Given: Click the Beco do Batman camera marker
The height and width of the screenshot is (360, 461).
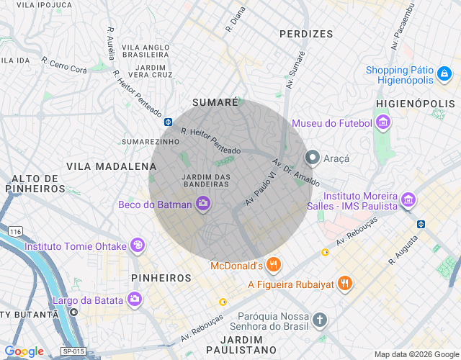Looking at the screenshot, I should coord(202,204).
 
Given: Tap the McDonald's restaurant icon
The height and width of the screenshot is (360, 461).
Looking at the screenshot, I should coord(273,266).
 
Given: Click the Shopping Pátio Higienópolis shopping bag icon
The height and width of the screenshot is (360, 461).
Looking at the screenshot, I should coord(444,74).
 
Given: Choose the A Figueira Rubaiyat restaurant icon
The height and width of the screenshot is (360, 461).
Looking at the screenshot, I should coord(345,284).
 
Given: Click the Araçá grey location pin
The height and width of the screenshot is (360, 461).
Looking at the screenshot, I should coord(313,157).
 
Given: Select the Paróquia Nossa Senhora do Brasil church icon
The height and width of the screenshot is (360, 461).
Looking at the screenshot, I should coord(320,320).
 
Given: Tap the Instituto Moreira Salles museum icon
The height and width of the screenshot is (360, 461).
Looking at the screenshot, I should coord(408,200).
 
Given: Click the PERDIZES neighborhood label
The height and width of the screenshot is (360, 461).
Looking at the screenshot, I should coord(306,34).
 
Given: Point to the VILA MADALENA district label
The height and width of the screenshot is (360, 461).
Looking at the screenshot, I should coord(101,166).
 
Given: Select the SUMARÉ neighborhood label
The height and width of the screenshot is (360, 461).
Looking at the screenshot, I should coord(215,103).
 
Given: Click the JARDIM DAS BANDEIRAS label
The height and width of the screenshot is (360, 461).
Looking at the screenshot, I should coord(206,180).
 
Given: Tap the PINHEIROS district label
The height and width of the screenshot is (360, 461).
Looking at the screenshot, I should coord(161,277).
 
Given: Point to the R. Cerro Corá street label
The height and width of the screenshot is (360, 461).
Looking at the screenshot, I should coord(64,66).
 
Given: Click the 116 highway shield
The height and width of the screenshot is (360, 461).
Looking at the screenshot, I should coord(15,231).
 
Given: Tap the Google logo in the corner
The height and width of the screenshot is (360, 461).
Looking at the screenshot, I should coord(24,351).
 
